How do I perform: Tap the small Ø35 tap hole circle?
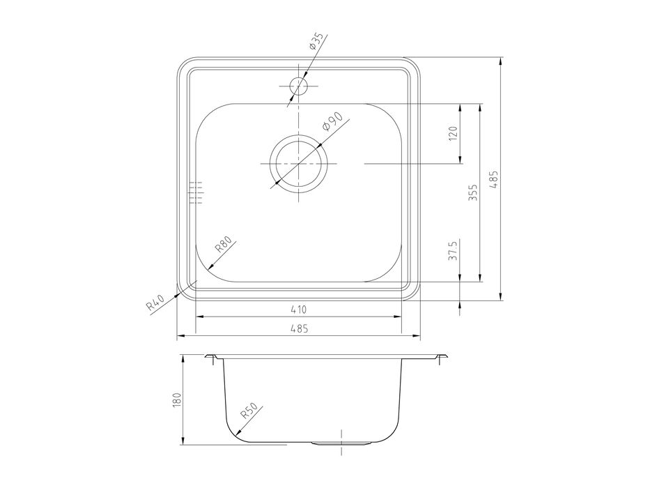tap(298, 86)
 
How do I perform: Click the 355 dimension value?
tap(473, 192)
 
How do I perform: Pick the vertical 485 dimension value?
tap(494, 179)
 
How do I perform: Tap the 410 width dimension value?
tap(298, 309)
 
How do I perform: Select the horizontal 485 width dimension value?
tap(299, 328)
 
